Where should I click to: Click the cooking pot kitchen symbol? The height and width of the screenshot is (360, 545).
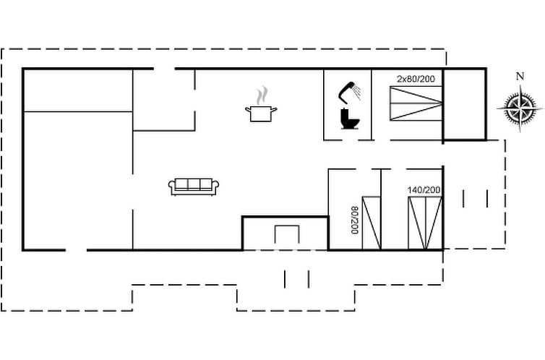point(262,113)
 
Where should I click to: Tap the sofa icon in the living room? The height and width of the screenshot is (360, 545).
point(194,187)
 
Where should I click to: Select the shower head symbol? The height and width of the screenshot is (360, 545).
point(350,90)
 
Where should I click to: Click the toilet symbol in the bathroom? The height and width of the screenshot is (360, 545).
point(349,118)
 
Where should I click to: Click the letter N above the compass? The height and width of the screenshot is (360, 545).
point(520,77)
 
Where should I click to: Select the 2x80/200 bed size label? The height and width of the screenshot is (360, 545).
point(416,78)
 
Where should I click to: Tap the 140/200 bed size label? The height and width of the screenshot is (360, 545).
point(424,190)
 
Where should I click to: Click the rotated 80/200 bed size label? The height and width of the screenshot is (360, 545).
point(355,220)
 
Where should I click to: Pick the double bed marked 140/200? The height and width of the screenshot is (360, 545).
point(424,223)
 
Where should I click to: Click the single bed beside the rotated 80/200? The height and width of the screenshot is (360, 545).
point(372,223)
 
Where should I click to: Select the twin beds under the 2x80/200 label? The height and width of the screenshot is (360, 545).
point(416,103)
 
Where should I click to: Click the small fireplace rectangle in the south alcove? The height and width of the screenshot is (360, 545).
point(287,234)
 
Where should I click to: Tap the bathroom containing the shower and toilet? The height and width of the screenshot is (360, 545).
point(347,105)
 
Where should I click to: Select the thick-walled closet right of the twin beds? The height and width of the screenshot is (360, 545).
point(464,103)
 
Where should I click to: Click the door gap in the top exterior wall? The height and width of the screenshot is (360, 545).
point(165,69)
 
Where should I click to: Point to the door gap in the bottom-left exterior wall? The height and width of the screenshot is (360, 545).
point(76,250)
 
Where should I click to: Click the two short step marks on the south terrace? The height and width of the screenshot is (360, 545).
point(296,278)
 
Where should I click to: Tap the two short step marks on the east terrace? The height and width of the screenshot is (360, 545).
point(475,198)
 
